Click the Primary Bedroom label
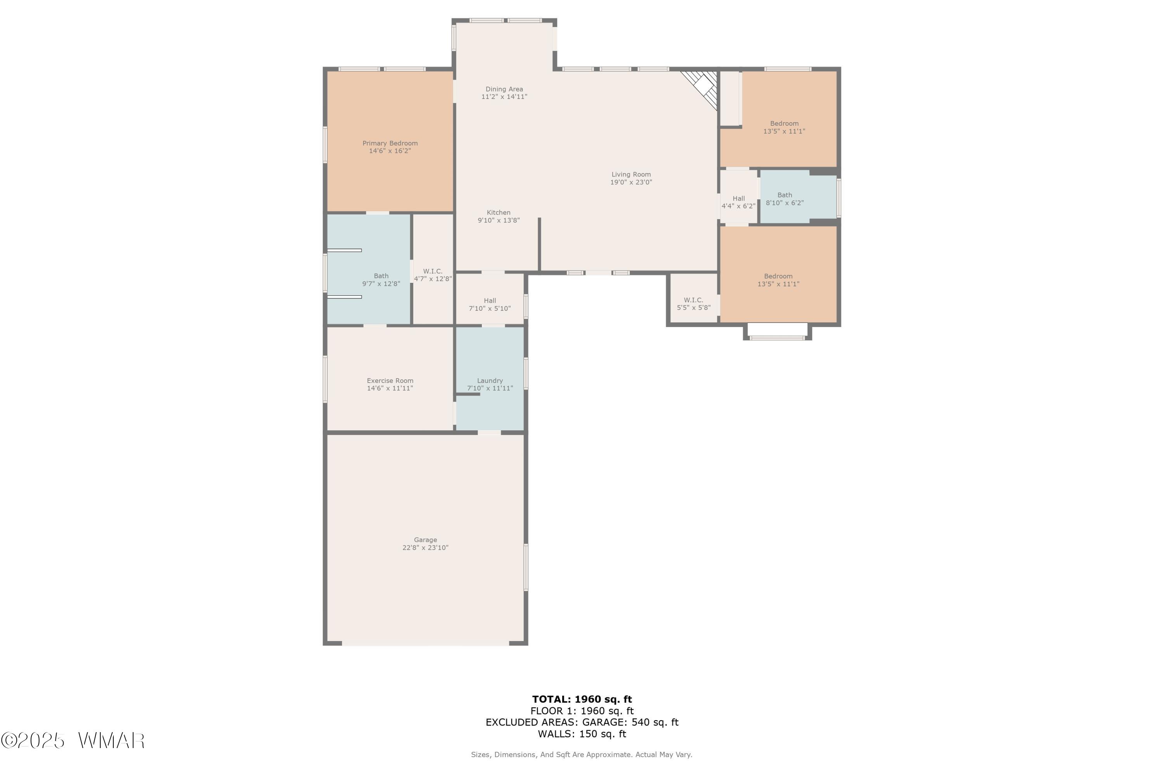(390, 147)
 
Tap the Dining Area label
(504, 93)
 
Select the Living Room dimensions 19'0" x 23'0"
(631, 182)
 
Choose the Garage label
(426, 544)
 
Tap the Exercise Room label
(390, 385)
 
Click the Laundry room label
(490, 385)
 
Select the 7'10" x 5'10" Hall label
(490, 304)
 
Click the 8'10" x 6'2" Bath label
(785, 199)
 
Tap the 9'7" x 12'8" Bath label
(381, 280)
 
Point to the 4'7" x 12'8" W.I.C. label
(433, 275)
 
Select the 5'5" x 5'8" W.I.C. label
(694, 304)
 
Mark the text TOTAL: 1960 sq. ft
(582, 699)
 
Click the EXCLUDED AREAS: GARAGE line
(582, 722)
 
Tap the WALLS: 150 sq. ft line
(582, 734)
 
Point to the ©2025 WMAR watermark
(73, 741)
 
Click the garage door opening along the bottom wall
(426, 643)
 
